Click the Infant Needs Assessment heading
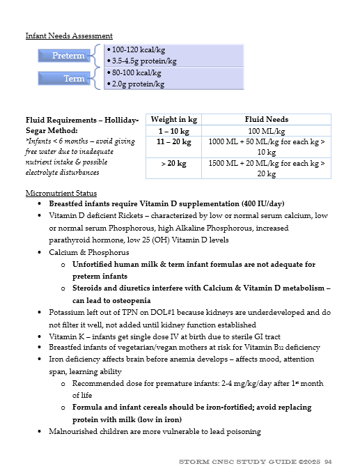point(69,36)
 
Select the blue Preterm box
point(68,56)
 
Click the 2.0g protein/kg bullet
point(138,84)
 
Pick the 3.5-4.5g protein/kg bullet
point(143,61)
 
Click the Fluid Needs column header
point(267,119)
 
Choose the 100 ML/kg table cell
point(267,130)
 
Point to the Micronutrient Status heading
point(61,193)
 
